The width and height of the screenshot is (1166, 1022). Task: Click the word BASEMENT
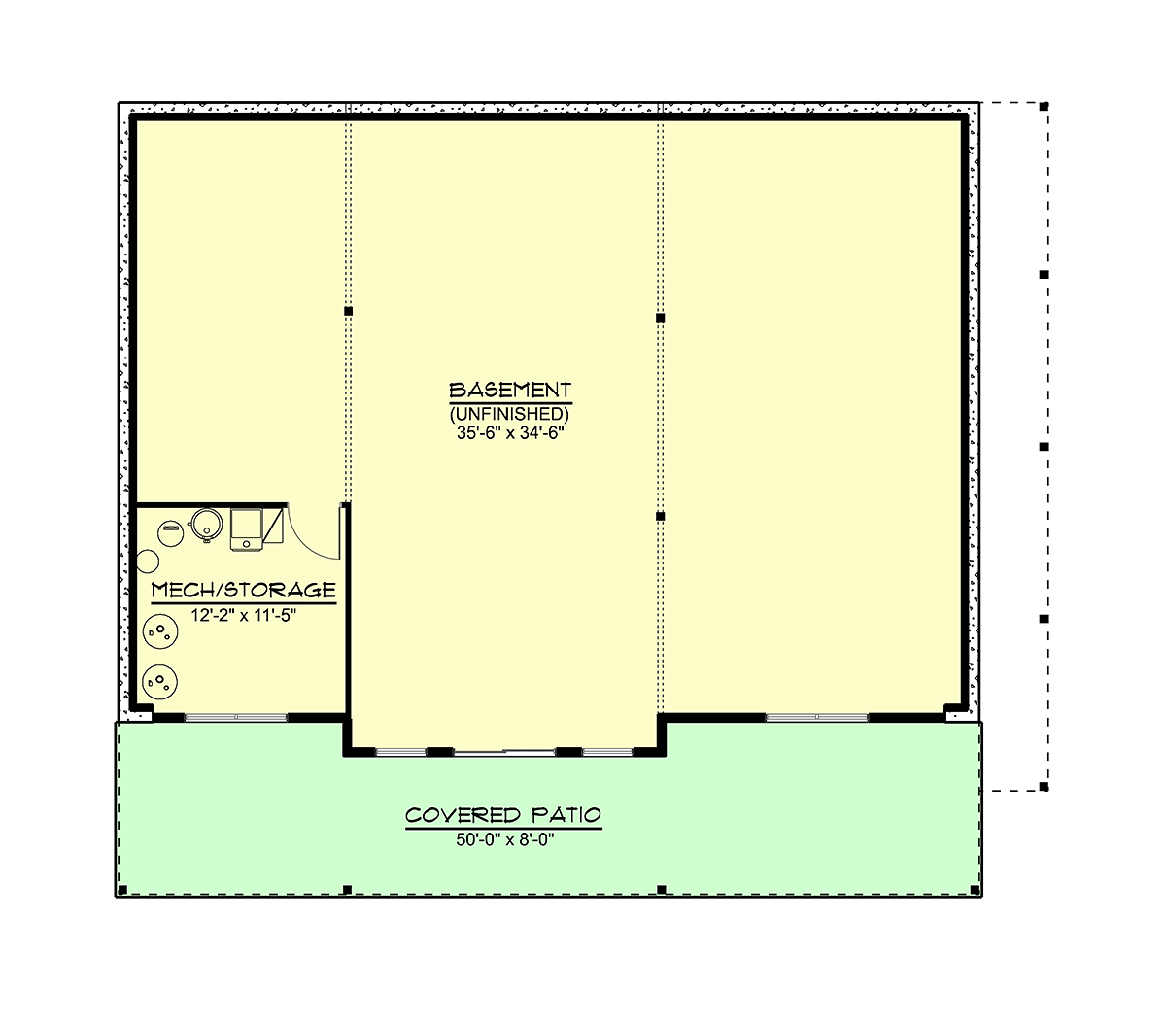(x=510, y=391)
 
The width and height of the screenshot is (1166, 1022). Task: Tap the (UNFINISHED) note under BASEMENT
(x=509, y=414)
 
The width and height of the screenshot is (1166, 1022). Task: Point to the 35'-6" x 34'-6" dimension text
(x=510, y=433)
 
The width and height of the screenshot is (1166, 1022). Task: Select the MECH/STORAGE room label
(x=244, y=590)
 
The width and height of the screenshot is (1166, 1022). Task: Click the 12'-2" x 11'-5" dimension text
(x=244, y=616)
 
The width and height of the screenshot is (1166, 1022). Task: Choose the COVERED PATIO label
(x=503, y=815)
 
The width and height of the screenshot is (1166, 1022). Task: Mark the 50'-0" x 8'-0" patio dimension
(x=505, y=840)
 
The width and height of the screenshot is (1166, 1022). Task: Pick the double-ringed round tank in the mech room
(x=207, y=525)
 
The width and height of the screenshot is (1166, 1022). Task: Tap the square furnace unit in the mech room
(x=247, y=529)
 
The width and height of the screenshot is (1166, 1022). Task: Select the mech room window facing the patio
(x=235, y=717)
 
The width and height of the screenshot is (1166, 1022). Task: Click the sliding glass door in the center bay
(x=504, y=752)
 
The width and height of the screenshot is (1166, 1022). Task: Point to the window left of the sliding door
(x=400, y=752)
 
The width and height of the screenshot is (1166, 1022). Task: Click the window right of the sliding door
(x=607, y=752)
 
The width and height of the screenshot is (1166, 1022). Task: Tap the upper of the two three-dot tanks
(x=160, y=631)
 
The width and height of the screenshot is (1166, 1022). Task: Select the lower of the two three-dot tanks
(x=160, y=682)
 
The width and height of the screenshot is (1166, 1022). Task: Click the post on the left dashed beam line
(x=348, y=311)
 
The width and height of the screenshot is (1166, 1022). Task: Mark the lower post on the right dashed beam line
(x=660, y=516)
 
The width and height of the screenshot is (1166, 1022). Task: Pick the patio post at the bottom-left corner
(x=122, y=890)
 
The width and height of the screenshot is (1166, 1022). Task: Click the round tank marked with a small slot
(x=171, y=533)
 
